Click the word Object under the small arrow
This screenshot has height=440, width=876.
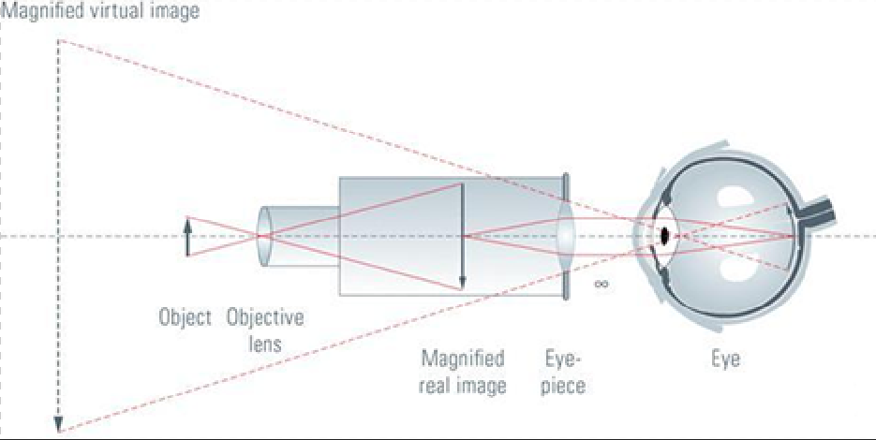pos(185,317)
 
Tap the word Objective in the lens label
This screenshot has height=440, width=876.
pos(265,317)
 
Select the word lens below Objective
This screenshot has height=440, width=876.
pos(265,344)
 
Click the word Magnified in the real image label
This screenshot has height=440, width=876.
pos(463,358)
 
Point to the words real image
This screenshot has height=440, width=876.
pos(463,386)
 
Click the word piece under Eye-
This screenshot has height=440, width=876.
pos(563,386)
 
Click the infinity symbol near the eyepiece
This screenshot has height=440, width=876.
pos(601,284)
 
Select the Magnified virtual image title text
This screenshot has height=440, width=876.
pos(99,11)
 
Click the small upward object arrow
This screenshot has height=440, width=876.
pos(187,237)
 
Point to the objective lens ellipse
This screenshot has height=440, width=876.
pos(264,237)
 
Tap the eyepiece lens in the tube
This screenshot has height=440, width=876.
pos(565,236)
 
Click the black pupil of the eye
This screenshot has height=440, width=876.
pos(665,236)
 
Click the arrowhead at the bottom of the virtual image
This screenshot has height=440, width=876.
pos(58,425)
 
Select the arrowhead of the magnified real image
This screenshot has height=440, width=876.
pos(462,285)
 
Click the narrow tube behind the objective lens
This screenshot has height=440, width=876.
pos(302,236)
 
